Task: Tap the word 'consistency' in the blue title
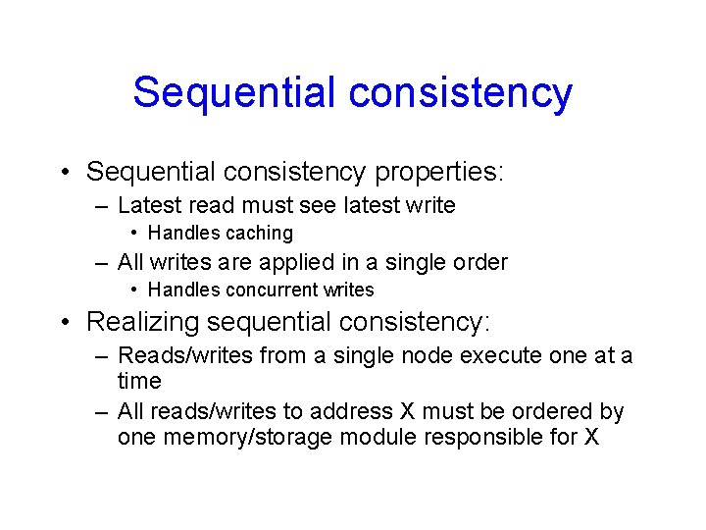460,92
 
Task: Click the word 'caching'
260,234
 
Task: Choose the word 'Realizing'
140,322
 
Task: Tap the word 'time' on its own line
139,381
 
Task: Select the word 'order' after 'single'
479,263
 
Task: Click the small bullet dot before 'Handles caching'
134,234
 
